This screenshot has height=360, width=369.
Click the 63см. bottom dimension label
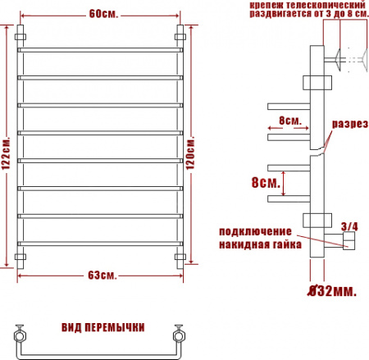coord(101,274)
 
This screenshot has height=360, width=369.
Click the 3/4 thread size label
coord(347,225)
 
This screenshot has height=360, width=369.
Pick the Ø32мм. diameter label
coord(332,291)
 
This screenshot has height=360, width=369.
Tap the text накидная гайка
coord(261,244)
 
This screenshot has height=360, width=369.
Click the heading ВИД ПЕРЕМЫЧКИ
coord(103,327)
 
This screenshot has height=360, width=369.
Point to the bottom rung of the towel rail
coord(100,243)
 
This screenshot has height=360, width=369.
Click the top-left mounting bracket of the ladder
coord(22,39)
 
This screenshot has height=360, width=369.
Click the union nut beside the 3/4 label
coord(348,240)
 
